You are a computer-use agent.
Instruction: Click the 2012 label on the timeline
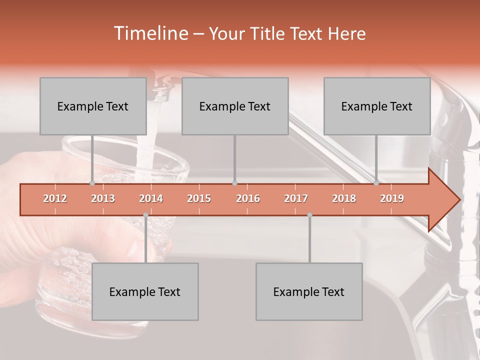[55, 198]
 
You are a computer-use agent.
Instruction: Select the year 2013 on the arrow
[103, 198]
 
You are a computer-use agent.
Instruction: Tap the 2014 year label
[151, 198]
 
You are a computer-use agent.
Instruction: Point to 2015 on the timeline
[199, 198]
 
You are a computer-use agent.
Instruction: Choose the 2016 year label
[248, 198]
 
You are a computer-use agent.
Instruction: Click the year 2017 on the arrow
[296, 198]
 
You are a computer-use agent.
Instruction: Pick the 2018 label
[344, 198]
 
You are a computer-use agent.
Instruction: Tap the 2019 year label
[392, 198]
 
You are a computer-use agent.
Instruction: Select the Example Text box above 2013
[93, 106]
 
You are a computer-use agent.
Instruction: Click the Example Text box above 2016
[235, 106]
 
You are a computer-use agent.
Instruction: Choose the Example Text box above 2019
[377, 106]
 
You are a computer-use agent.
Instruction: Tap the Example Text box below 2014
[145, 291]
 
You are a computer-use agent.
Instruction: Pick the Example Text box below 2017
[309, 291]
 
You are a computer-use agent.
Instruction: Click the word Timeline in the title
[150, 33]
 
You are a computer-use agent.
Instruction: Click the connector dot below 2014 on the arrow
[145, 215]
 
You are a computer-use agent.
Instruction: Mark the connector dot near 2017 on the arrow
[309, 215]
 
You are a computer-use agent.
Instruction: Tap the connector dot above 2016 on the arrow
[234, 183]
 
